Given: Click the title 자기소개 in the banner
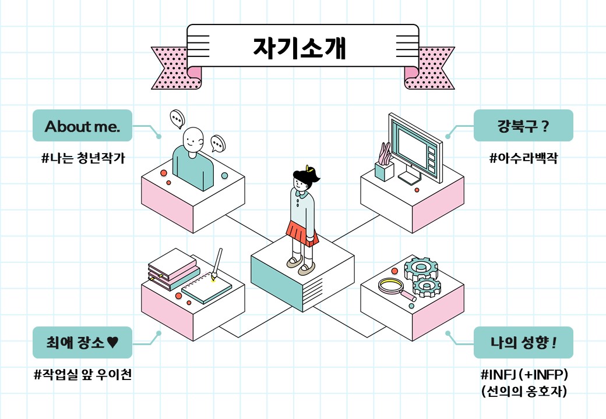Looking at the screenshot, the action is (300, 48).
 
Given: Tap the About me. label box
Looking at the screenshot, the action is (82, 125).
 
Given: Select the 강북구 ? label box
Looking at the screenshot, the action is (523, 125).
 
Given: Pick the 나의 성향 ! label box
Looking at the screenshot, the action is (523, 343).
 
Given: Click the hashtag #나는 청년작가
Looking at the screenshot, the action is (83, 158).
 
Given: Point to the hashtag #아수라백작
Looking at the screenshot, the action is (524, 158).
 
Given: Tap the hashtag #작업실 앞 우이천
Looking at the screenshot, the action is (83, 374).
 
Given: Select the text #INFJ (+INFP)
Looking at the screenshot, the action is (524, 374).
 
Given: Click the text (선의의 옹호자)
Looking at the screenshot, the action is (524, 391).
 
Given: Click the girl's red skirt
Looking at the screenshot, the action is (302, 233).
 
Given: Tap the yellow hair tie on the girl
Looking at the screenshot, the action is (308, 168).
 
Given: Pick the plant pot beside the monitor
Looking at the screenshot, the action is (385, 171).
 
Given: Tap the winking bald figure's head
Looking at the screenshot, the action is (192, 140).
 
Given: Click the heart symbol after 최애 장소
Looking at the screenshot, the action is (112, 342).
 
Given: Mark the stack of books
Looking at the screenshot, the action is (174, 269).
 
